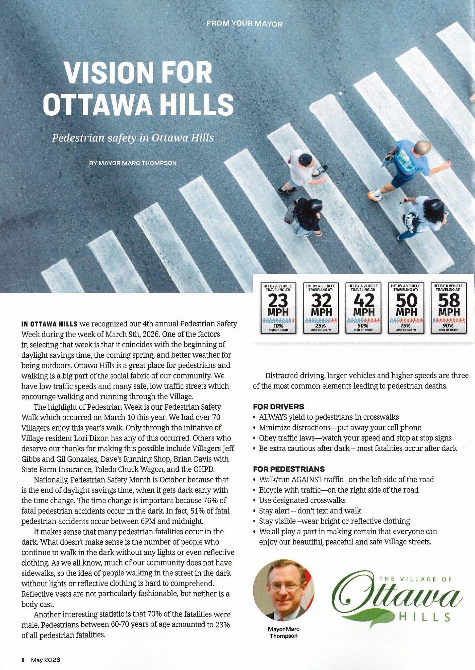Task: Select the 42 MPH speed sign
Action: [363, 308]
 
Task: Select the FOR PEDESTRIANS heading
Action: [289, 469]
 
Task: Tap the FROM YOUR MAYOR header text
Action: [244, 24]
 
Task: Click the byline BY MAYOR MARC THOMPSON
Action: [133, 163]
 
